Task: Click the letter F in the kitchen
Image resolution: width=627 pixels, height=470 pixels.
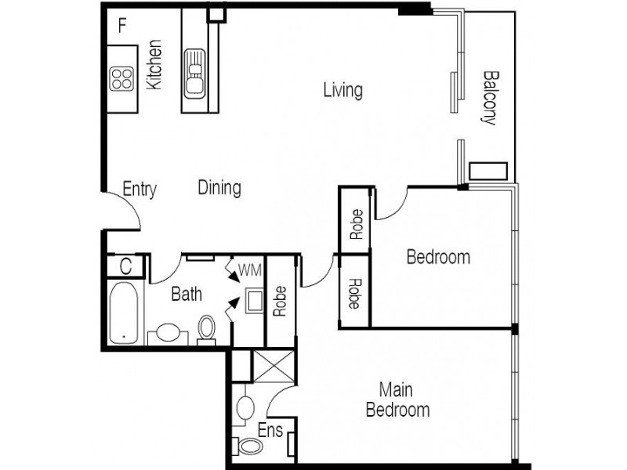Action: pyautogui.click(x=121, y=24)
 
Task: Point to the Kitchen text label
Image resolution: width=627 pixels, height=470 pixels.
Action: pyautogui.click(x=155, y=64)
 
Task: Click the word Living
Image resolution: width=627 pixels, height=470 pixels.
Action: pyautogui.click(x=342, y=90)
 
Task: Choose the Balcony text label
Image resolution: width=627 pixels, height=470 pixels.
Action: pyautogui.click(x=489, y=99)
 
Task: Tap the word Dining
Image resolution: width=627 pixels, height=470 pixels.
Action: pyautogui.click(x=219, y=188)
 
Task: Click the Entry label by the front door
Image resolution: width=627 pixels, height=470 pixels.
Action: pyautogui.click(x=140, y=189)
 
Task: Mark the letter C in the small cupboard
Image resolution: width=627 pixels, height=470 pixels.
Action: pyautogui.click(x=125, y=266)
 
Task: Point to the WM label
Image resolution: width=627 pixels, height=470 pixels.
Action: pyautogui.click(x=249, y=271)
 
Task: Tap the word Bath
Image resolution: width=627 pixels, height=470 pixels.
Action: pyautogui.click(x=187, y=295)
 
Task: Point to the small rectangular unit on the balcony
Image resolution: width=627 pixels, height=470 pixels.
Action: pyautogui.click(x=489, y=171)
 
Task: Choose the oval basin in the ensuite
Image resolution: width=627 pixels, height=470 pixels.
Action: pyautogui.click(x=245, y=407)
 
